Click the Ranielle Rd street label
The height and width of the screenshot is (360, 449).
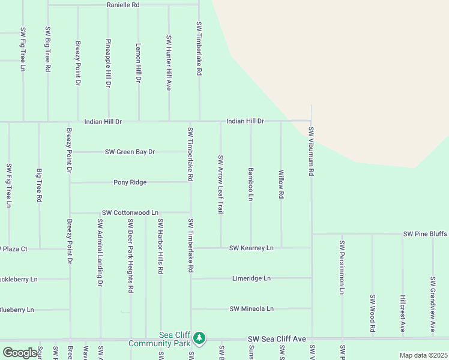click(x=123, y=5)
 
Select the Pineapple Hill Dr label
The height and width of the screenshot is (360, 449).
click(x=108, y=63)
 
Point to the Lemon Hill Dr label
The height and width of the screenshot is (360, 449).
click(x=138, y=62)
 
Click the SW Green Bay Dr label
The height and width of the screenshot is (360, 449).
click(x=130, y=152)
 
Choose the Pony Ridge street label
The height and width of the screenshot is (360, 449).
click(x=130, y=182)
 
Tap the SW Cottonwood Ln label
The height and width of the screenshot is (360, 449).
click(x=130, y=212)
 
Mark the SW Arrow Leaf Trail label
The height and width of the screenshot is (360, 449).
click(x=220, y=185)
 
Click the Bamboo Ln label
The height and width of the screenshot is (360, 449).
click(x=250, y=184)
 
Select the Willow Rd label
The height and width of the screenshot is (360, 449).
click(x=280, y=184)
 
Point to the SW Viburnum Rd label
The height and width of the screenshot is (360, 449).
click(x=311, y=151)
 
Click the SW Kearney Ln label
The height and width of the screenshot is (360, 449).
click(x=251, y=248)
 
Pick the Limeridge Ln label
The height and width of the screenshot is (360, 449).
click(x=252, y=278)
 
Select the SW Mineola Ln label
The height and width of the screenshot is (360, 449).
click(x=252, y=309)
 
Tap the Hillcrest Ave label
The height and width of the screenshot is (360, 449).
click(x=402, y=313)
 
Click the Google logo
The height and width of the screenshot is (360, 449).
click(x=20, y=353)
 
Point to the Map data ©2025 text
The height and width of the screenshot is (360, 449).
click(x=423, y=355)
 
